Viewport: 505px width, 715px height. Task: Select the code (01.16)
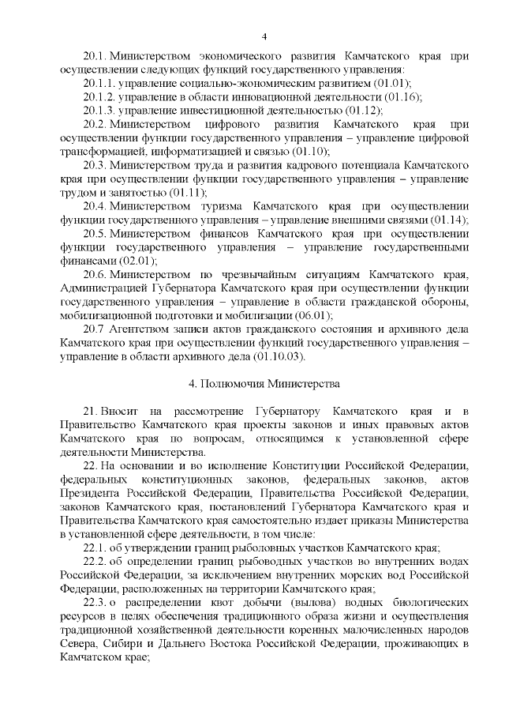(401, 97)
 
